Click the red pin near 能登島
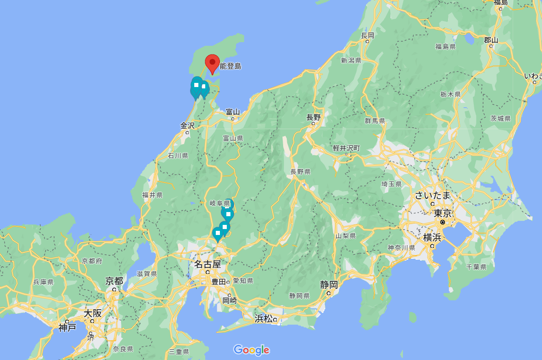click(212, 64)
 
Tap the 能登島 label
click(230, 66)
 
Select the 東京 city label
click(443, 213)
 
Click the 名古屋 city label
click(208, 264)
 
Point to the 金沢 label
click(187, 125)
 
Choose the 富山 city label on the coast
click(233, 112)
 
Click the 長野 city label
click(314, 117)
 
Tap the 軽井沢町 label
click(346, 148)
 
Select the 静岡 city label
click(329, 284)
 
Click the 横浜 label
click(432, 237)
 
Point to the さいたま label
click(433, 196)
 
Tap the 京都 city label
click(114, 281)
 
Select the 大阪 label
click(92, 314)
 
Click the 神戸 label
click(67, 327)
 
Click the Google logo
click(252, 350)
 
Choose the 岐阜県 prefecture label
click(219, 203)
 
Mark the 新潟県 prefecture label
click(351, 60)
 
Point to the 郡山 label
click(491, 40)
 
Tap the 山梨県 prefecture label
click(345, 236)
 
